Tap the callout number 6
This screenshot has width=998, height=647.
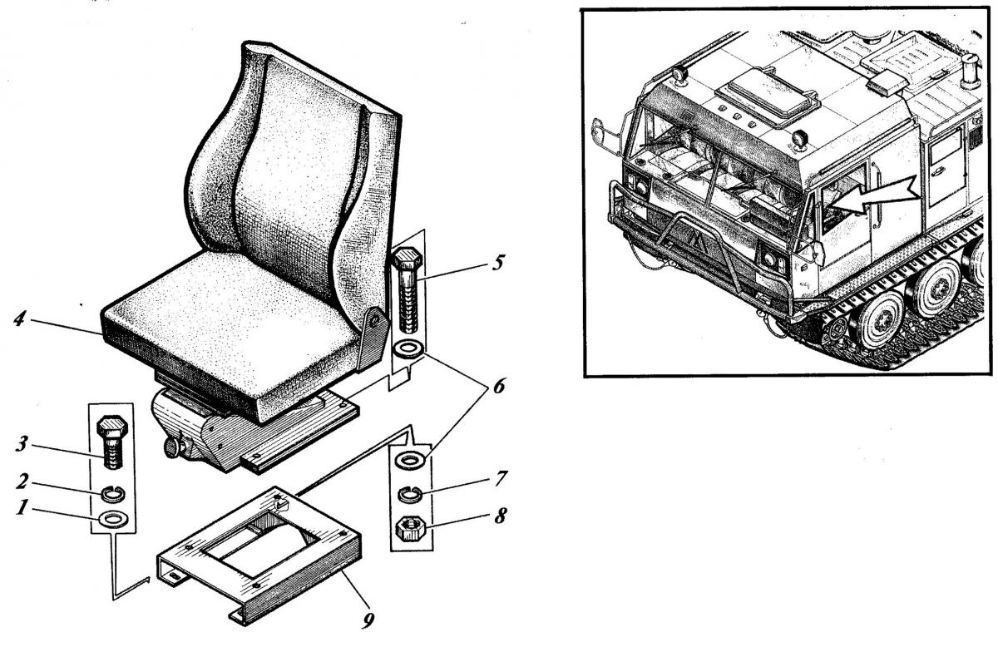tap(497, 388)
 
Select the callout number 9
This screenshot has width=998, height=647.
tap(367, 619)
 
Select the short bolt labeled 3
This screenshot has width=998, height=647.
tap(111, 441)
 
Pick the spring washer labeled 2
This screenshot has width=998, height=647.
tap(112, 496)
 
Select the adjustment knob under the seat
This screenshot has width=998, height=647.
tap(172, 448)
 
